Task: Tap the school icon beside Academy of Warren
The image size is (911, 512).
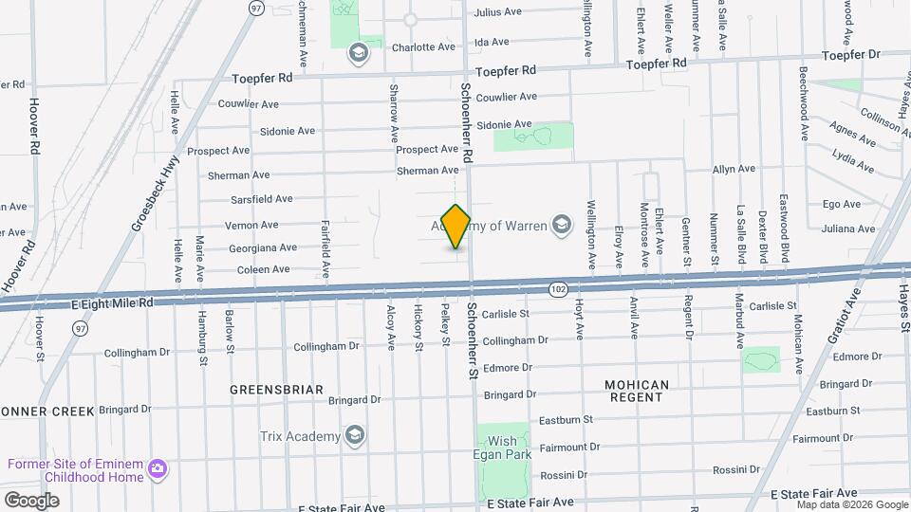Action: pos(562,225)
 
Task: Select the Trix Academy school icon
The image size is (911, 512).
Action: pos(355,435)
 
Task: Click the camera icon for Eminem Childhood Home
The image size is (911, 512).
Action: pos(158,469)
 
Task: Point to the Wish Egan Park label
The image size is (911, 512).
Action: pos(503,448)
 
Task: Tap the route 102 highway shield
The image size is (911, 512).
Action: pos(557,287)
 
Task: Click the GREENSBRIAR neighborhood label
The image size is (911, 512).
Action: pos(276,390)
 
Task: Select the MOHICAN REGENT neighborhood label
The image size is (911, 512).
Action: pos(637,391)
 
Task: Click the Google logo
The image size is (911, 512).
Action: pos(31,500)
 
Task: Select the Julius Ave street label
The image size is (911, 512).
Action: pos(498,12)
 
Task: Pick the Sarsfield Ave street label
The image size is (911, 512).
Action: pos(261,199)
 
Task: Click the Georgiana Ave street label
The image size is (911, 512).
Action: pos(263,247)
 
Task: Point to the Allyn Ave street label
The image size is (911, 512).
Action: pos(734,169)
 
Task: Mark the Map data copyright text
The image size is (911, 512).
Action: pos(850,504)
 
